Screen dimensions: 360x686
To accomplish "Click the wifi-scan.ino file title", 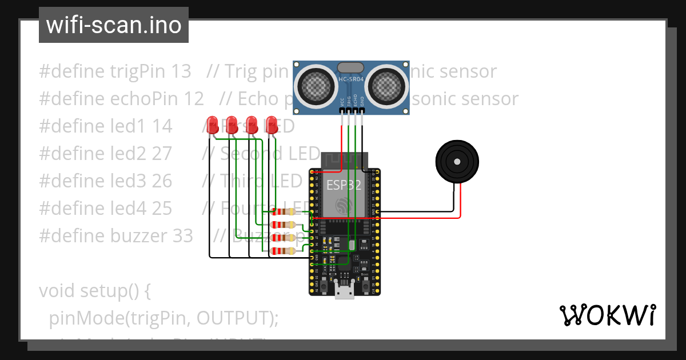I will pos(114,25).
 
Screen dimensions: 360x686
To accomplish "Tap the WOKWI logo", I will pos(607,315).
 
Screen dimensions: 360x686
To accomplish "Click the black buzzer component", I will pos(457,162).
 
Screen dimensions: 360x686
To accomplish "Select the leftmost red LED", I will pos(212,125).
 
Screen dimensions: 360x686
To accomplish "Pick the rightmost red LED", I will pos(272,125).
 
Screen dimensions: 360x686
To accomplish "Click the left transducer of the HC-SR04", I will pos(315,86).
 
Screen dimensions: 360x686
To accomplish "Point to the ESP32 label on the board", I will pos(344,185).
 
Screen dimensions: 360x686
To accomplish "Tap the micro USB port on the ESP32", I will pos(344,293).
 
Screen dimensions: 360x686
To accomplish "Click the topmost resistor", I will pos(284,211).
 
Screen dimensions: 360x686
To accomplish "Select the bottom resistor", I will pos(284,251).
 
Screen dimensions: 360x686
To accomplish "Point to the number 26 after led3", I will pos(162,181).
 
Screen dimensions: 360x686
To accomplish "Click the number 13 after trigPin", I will pos(181,71).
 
